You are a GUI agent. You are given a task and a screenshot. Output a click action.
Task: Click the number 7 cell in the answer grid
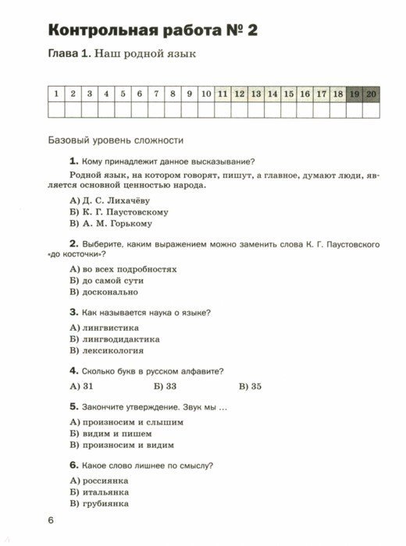pos(155,94)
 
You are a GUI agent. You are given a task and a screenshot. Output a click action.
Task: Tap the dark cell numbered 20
pos(370,94)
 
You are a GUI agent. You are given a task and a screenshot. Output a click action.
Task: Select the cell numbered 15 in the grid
pos(288,94)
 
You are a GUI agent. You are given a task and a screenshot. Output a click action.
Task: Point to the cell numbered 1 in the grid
pos(56,94)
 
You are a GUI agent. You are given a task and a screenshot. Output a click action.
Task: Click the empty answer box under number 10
pos(205,110)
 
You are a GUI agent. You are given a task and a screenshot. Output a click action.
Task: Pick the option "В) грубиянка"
pos(98,504)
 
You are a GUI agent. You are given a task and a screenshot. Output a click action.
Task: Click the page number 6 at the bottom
pos(51,522)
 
